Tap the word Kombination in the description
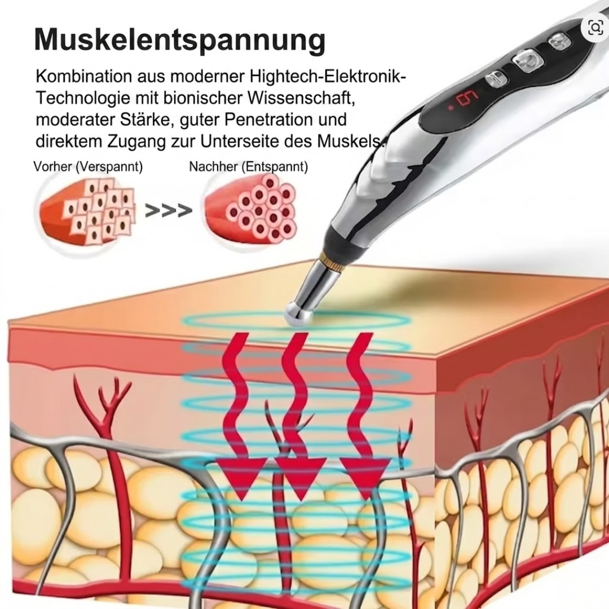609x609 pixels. coord(84,76)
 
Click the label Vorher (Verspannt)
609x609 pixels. coord(88,167)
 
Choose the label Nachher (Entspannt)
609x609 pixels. coord(248,167)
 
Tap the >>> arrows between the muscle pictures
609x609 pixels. coord(169,210)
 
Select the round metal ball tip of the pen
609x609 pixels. coord(298,314)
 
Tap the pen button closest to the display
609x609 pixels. coord(496,79)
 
